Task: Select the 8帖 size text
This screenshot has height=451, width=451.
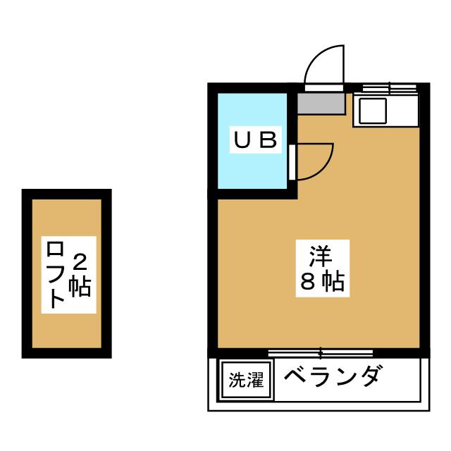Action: (321, 282)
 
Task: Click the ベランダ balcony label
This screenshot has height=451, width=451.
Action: (333, 378)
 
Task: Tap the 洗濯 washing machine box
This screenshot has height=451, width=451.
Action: (246, 381)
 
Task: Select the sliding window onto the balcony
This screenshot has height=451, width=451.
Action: (321, 351)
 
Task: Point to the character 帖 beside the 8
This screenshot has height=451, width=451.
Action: (332, 282)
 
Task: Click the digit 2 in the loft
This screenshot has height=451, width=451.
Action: (80, 263)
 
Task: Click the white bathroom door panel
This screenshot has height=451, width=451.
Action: (292, 162)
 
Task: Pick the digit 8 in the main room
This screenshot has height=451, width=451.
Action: (309, 282)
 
